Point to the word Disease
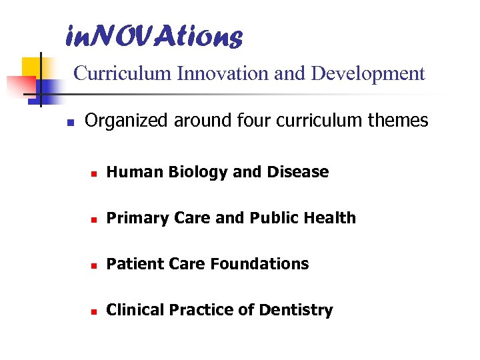pyautogui.click(x=297, y=172)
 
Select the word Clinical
pyautogui.click(x=135, y=310)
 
